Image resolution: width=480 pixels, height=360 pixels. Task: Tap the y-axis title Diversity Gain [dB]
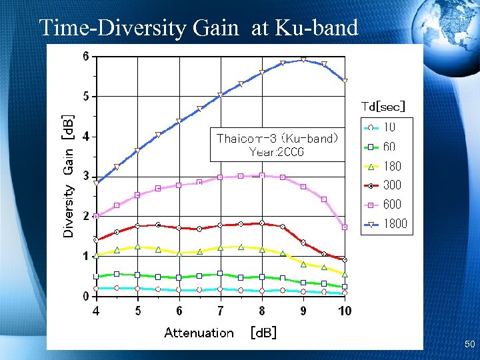(69, 175)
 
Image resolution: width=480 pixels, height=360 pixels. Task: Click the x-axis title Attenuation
(199, 333)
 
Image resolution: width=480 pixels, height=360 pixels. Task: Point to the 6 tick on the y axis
(85, 57)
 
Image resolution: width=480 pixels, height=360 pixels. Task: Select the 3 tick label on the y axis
(85, 176)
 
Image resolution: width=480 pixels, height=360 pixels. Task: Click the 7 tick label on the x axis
(221, 311)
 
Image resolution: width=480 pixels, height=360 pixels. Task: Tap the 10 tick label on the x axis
(345, 311)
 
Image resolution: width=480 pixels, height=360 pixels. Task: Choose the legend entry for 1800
(385, 225)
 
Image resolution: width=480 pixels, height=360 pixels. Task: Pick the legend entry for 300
(385, 185)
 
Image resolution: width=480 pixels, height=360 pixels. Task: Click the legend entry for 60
(385, 147)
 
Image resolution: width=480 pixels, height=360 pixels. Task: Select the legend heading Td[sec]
(383, 106)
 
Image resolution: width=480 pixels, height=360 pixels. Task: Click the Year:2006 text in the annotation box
(277, 151)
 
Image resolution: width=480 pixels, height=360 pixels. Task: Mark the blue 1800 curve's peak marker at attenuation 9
(303, 60)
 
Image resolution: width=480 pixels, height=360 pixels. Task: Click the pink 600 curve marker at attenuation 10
(345, 227)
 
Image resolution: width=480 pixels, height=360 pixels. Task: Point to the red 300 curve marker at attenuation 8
(262, 223)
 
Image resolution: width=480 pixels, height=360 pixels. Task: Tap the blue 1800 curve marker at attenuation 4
(97, 183)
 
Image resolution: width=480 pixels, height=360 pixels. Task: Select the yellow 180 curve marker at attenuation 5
(137, 247)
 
